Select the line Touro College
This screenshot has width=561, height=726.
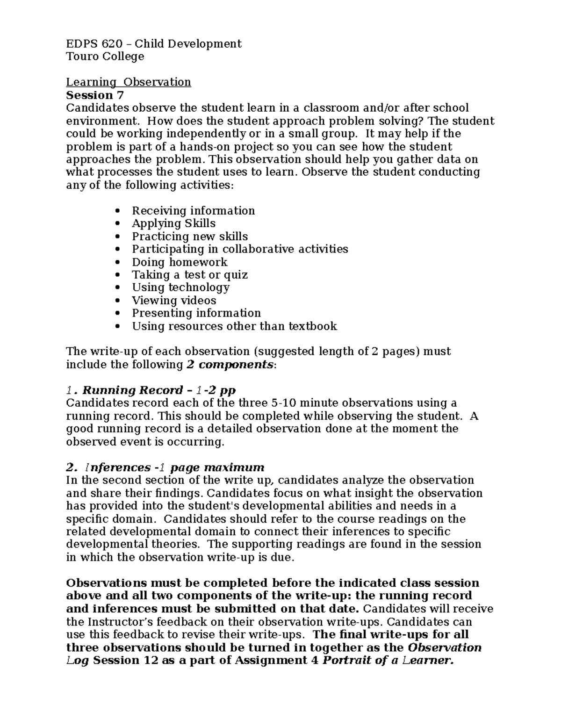[x=105, y=57]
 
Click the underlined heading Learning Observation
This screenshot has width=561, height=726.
[x=128, y=82]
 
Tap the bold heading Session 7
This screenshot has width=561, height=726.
[x=95, y=95]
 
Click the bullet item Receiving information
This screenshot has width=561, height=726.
[x=193, y=211]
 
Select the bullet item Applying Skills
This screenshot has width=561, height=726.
[x=173, y=223]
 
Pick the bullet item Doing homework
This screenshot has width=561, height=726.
[x=180, y=262]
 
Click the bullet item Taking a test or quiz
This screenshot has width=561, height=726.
[x=189, y=275]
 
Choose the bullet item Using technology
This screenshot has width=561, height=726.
[x=180, y=288]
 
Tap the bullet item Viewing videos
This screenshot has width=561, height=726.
[x=174, y=301]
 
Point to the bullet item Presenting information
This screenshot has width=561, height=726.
[x=196, y=313]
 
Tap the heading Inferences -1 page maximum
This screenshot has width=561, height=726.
[x=165, y=467]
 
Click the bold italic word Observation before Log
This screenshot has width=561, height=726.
[x=445, y=648]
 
